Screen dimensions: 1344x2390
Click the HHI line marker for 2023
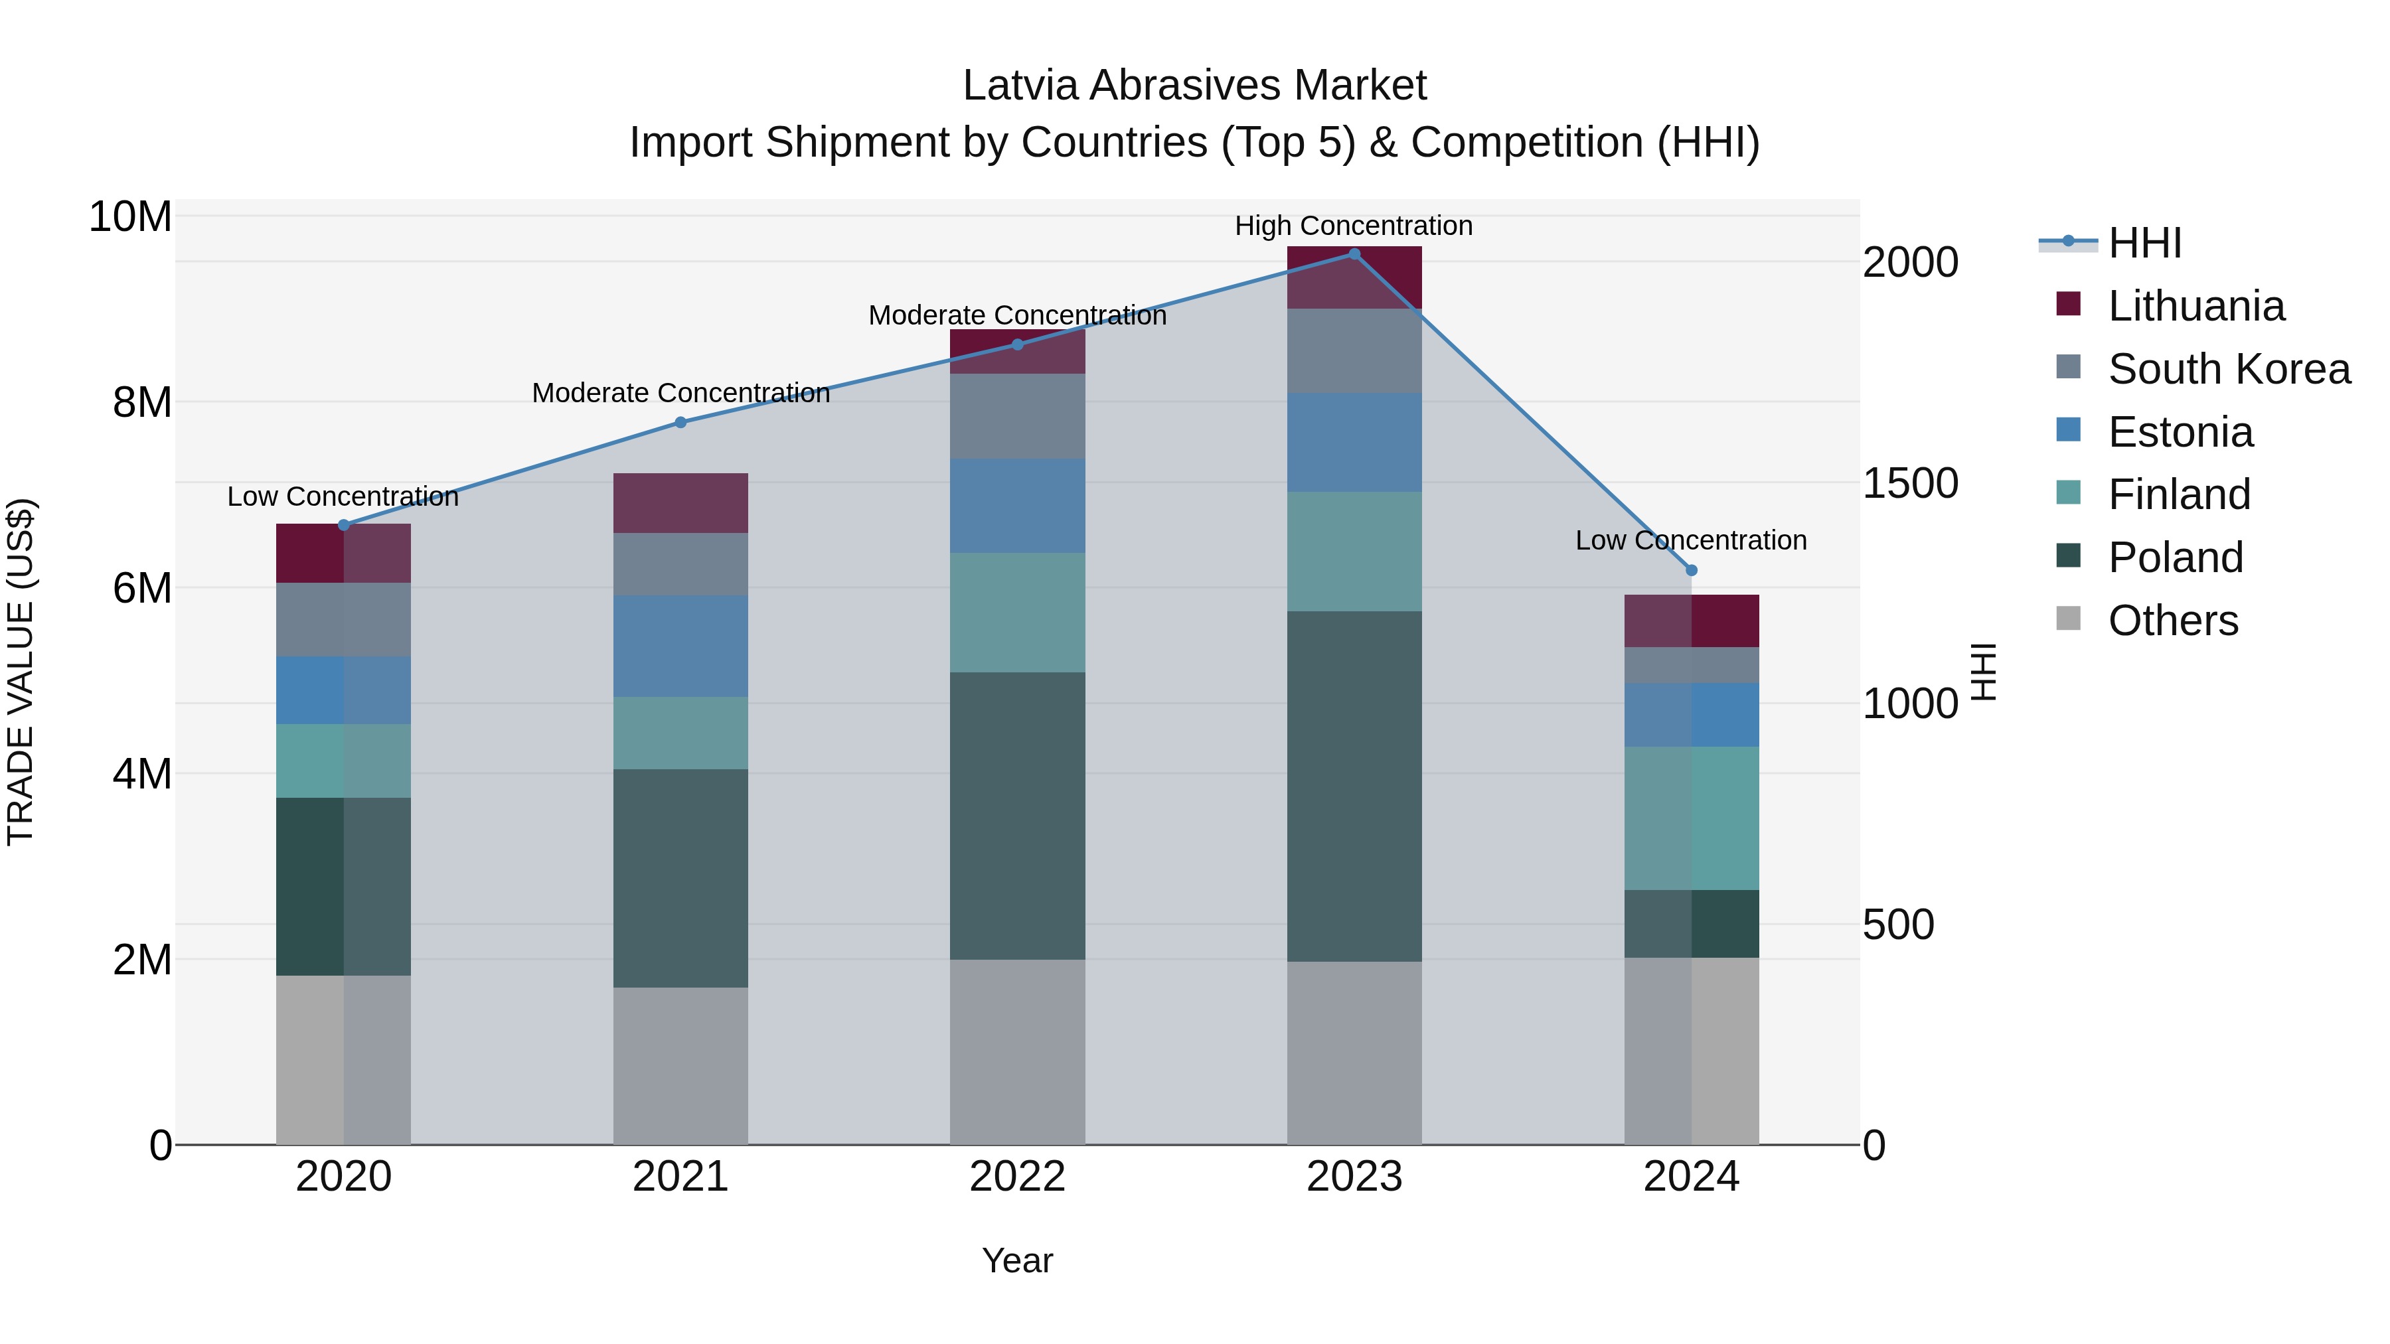click(1354, 254)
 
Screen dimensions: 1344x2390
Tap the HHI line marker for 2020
click(343, 525)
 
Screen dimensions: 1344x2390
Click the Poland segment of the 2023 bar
click(1354, 786)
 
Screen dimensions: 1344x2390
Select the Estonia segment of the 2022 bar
click(1017, 506)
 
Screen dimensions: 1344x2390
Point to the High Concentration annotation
click(1353, 226)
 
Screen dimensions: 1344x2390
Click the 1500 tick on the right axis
click(1909, 483)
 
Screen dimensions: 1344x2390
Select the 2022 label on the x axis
click(1017, 1177)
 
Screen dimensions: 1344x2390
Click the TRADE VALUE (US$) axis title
click(21, 672)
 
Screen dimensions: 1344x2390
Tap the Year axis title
click(1017, 1260)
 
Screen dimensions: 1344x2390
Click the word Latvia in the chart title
click(1020, 86)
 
